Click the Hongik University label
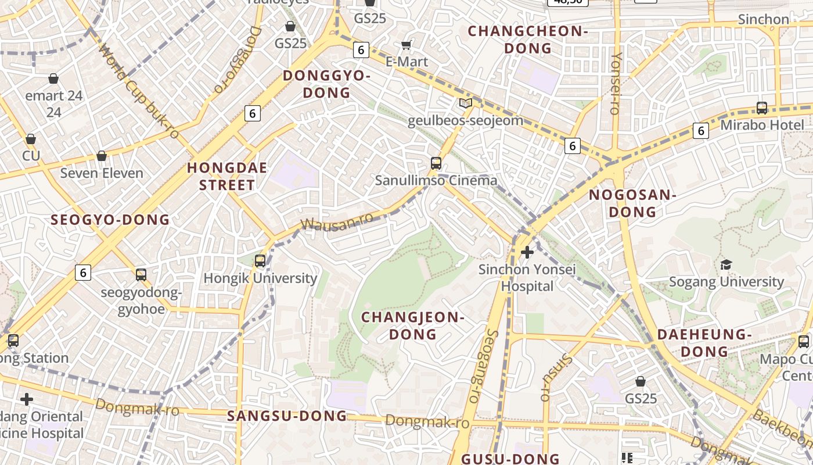(x=260, y=278)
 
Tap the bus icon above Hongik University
(x=260, y=261)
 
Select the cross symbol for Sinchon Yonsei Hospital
(x=527, y=252)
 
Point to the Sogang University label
(x=726, y=282)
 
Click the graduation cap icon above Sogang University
(x=726, y=265)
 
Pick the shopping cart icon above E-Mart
(x=406, y=45)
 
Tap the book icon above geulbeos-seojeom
(x=465, y=103)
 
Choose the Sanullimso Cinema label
(x=436, y=180)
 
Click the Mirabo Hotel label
(x=762, y=125)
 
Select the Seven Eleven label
(x=102, y=173)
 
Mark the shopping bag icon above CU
(x=31, y=139)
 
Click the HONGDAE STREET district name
(x=227, y=177)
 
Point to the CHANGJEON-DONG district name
(x=413, y=325)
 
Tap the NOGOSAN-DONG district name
(x=632, y=203)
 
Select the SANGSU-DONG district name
(x=287, y=416)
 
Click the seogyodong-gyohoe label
(x=141, y=301)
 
